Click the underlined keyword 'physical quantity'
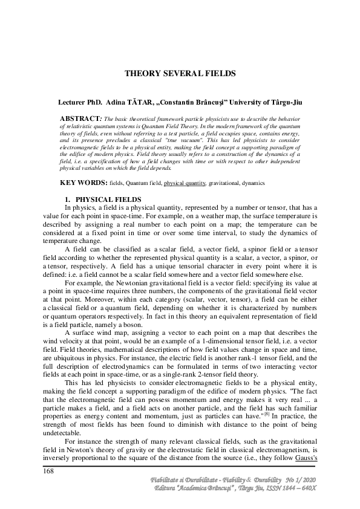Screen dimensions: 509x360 185,183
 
